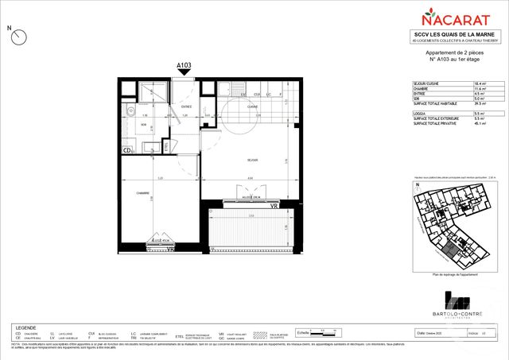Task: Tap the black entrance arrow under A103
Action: tap(185, 75)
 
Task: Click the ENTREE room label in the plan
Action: tap(186, 106)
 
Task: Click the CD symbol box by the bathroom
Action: tap(127, 149)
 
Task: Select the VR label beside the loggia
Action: tap(274, 206)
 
